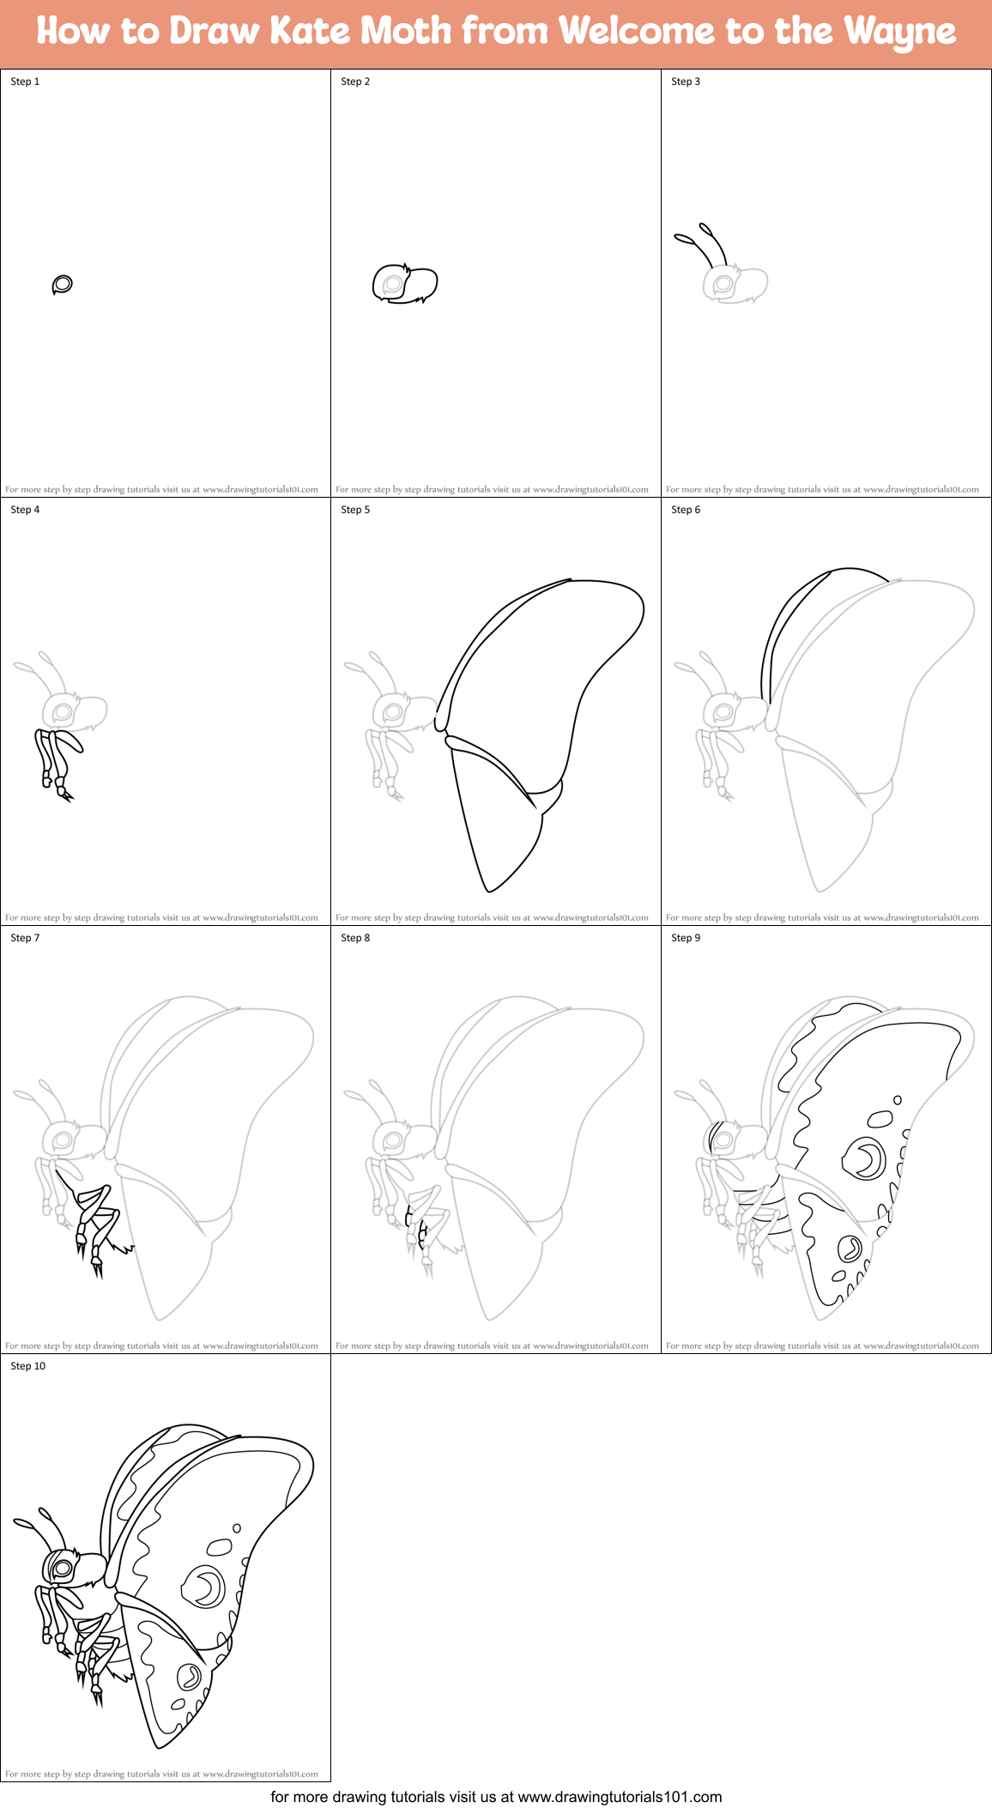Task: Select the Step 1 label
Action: (x=25, y=82)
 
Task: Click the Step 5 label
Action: (x=355, y=510)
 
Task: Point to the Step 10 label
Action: (x=27, y=1366)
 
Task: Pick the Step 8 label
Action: (x=355, y=938)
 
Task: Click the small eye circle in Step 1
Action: (x=62, y=284)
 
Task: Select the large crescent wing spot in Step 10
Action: (x=204, y=1586)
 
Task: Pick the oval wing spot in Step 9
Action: (x=880, y=1118)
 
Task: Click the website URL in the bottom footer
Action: (x=620, y=1797)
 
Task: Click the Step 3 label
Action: (x=686, y=82)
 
